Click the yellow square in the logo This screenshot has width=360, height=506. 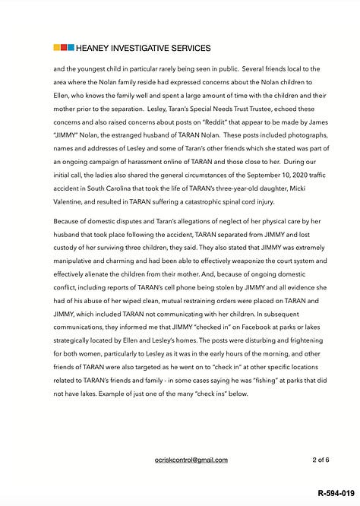coord(57,48)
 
